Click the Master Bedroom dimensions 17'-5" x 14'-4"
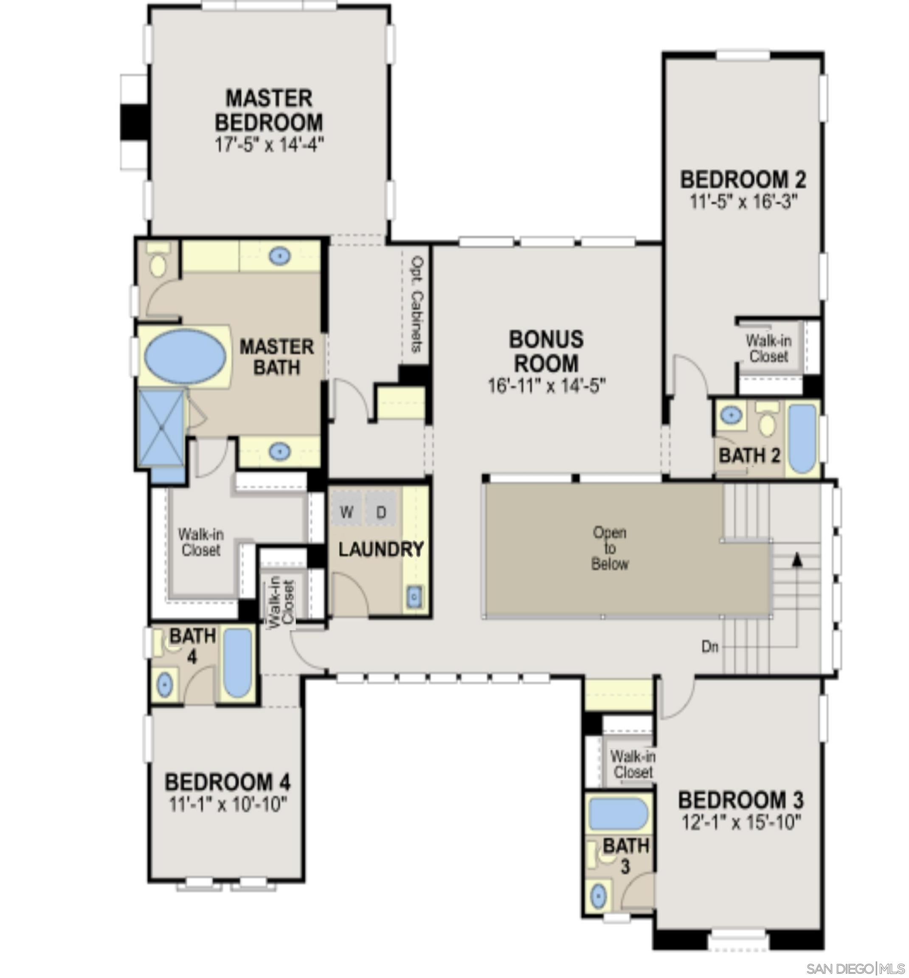coord(269,145)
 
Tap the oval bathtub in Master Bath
coord(186,357)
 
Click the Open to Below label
coord(609,548)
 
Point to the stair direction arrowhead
coord(797,559)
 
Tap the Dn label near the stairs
coord(709,647)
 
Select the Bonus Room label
coord(546,351)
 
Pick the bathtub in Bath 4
coord(238,662)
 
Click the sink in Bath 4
coord(164,685)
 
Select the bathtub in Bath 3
coord(618,814)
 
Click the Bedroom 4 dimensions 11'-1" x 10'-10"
coord(227,804)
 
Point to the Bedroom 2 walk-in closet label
coord(768,348)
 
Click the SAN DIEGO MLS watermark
coord(855,969)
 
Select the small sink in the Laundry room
coord(414,597)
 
